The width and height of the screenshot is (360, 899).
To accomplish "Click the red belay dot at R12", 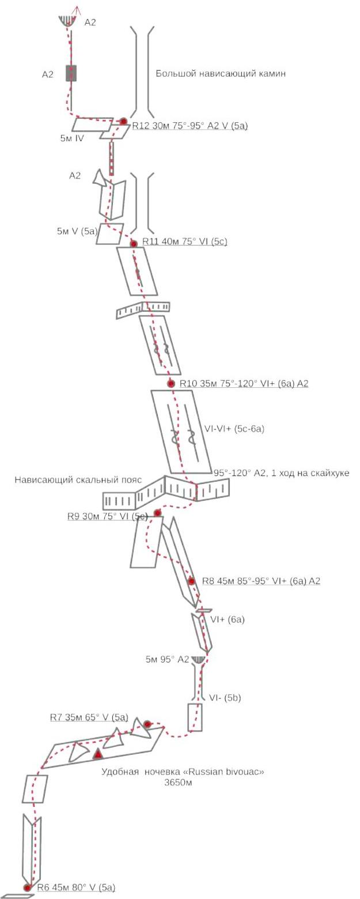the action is point(124,121).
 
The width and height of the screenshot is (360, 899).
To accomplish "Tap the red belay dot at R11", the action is point(134,244).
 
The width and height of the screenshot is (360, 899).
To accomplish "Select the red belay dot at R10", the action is point(171,384).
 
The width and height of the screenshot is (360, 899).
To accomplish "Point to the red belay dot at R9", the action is point(157,513).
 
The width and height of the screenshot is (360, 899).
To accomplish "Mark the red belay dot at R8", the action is point(191,581).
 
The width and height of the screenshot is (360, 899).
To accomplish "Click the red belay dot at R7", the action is point(147,724).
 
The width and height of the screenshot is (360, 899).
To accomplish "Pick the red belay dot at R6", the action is point(27,887).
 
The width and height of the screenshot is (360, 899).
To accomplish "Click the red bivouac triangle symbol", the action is point(97,754).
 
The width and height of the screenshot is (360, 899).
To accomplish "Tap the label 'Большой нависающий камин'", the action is point(221,73).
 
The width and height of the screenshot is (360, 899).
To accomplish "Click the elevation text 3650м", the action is point(178,782).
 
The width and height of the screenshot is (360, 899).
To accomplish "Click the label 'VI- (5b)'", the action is point(225,698).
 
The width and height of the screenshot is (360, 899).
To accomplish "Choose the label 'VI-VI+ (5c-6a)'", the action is point(234,429).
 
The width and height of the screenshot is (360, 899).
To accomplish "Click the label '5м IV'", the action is point(72,138).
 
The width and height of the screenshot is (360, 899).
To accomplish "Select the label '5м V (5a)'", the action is point(77,231).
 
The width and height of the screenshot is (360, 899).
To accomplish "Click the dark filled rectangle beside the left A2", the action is point(71,73).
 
